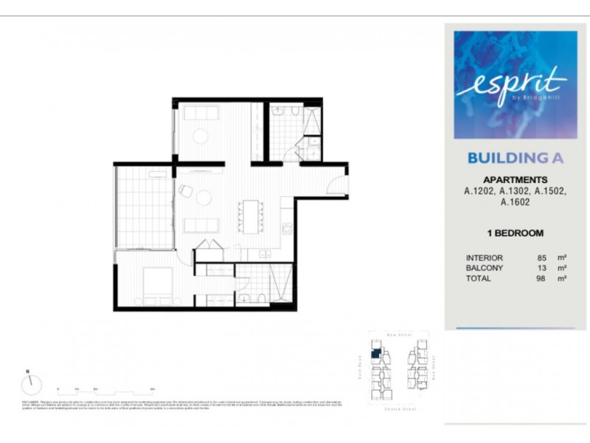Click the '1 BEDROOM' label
515,233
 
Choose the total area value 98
541,279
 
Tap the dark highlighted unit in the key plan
375,354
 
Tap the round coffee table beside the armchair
203,198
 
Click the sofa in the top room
200,114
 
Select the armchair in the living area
185,191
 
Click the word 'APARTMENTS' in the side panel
514,179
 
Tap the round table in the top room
200,136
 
